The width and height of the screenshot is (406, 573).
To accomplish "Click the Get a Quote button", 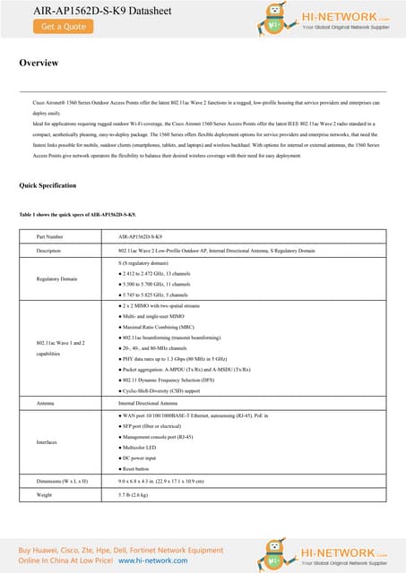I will click(x=64, y=27).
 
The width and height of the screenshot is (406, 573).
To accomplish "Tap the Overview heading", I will click(x=39, y=64).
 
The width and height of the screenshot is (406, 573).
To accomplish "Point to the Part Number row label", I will click(x=49, y=237).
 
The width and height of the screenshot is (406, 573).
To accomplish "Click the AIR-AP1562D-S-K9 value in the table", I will click(x=146, y=237).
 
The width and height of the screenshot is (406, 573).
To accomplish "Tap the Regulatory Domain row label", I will click(x=57, y=279).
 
